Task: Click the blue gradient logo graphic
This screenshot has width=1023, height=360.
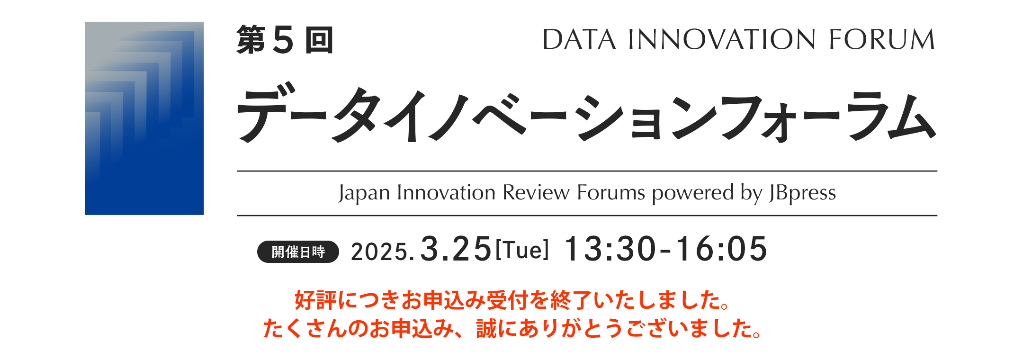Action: [x=144, y=118]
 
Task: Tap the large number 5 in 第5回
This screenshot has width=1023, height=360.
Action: [x=284, y=40]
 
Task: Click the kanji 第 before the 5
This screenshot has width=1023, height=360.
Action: [x=251, y=40]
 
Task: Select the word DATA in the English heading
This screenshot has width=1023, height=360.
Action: [x=579, y=39]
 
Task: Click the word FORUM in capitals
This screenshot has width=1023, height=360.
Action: [x=882, y=39]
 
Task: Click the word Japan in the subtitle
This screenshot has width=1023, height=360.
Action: [x=364, y=193]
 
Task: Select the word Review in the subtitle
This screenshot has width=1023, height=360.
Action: [x=536, y=193]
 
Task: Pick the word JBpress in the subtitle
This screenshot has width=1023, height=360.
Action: [x=803, y=193]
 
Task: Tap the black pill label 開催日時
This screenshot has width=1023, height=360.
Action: [x=298, y=252]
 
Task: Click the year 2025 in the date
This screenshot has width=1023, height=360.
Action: [x=379, y=252]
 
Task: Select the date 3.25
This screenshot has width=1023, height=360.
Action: [x=456, y=249]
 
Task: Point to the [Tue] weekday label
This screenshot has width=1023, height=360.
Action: [x=522, y=250]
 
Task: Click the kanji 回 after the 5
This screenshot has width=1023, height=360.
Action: [x=319, y=40]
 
